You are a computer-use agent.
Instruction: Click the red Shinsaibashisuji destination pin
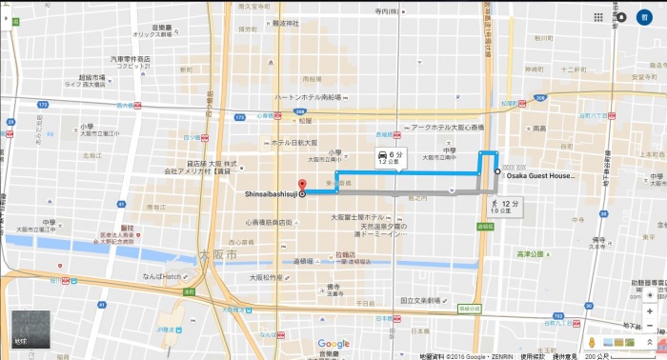pos(303,186)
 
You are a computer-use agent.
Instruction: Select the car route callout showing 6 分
pos(385,158)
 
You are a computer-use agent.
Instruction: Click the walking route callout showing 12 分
pos(504,206)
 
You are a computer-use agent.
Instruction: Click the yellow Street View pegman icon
pos(592,341)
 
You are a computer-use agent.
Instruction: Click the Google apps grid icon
pos(624,17)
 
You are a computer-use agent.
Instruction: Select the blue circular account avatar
pos(646,17)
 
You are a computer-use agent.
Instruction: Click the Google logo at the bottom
pos(333,344)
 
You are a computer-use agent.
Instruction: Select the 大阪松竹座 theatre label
pos(266,277)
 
